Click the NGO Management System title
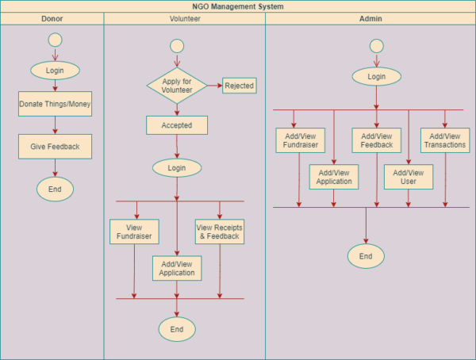(x=238, y=6)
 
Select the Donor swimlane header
(x=52, y=18)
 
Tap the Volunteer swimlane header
(x=184, y=18)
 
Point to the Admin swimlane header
(x=370, y=18)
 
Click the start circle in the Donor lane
(x=55, y=40)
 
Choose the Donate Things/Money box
(x=55, y=104)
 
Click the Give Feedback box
(x=55, y=147)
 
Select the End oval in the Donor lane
(x=55, y=189)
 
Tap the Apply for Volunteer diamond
(x=176, y=85)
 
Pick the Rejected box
(x=240, y=85)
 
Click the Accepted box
(x=176, y=125)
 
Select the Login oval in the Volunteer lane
(x=176, y=168)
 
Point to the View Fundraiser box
(x=134, y=231)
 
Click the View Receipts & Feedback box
(x=219, y=231)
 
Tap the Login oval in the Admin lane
(x=377, y=77)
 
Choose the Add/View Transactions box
(x=445, y=140)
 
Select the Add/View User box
(x=409, y=177)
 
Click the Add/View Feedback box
(x=376, y=140)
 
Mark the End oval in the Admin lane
(x=366, y=256)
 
